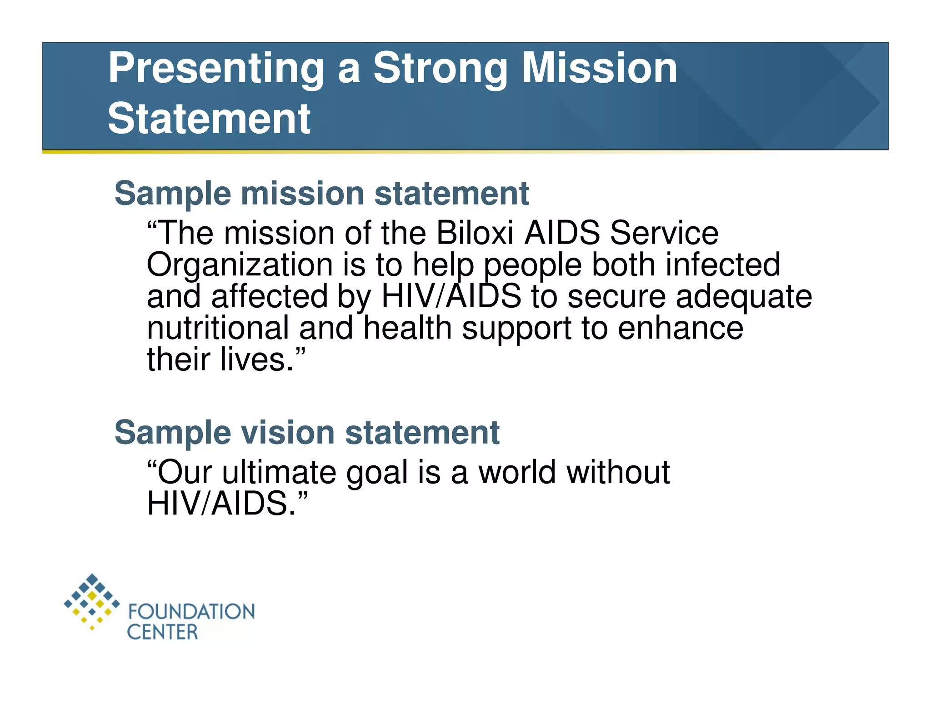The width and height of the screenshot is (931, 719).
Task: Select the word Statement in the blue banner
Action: tap(209, 119)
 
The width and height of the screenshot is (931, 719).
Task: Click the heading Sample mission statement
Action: tap(321, 194)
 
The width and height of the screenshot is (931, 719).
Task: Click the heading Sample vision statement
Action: tap(307, 433)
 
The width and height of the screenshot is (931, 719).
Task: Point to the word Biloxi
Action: tap(475, 233)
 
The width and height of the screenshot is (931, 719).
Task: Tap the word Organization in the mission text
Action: tap(240, 265)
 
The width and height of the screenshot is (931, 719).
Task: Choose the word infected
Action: tap(723, 265)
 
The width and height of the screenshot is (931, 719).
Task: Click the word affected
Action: tap(269, 296)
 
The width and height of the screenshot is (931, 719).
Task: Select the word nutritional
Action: tap(218, 328)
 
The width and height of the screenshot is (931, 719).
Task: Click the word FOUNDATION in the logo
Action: tap(191, 612)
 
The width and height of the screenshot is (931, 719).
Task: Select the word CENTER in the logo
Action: tap(162, 632)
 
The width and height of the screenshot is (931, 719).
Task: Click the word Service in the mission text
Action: tap(664, 233)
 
